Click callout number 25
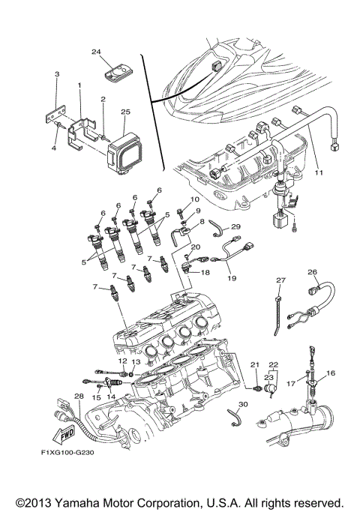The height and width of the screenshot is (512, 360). (x=125, y=112)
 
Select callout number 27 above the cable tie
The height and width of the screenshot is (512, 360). (x=281, y=280)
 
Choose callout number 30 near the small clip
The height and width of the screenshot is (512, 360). (x=241, y=404)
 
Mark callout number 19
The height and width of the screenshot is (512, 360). (x=231, y=278)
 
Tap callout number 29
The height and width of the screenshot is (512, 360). (x=235, y=226)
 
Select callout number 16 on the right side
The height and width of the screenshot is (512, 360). (x=331, y=373)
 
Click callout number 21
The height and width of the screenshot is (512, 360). (x=254, y=365)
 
